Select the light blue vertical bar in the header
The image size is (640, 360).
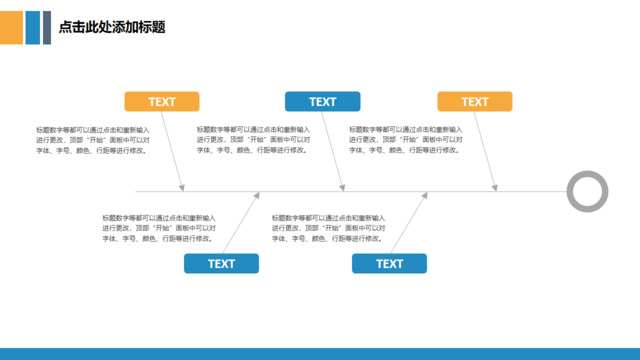point(33,28)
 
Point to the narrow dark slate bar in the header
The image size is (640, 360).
point(47,28)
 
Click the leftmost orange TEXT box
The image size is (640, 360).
point(161,101)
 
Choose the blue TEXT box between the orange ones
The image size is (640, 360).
point(322,101)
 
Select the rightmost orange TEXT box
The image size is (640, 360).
point(475,101)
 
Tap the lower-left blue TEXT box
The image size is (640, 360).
point(221,263)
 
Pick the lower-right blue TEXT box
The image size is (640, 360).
point(390,263)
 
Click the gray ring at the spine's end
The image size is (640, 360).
point(587,191)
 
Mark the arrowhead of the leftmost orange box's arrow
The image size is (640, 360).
point(182,187)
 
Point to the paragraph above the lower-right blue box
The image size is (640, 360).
point(328,228)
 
